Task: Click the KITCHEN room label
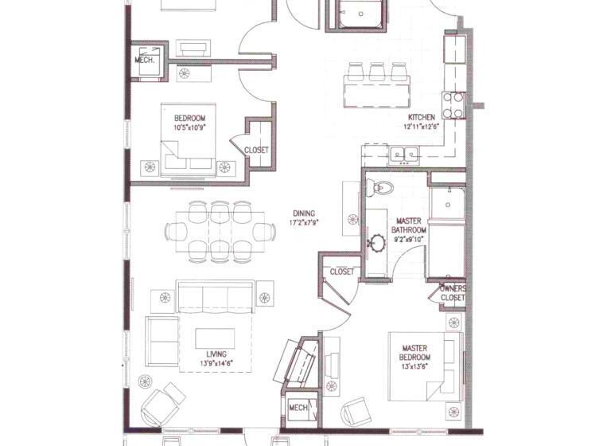422,117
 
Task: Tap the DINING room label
304,213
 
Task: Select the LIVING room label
216,354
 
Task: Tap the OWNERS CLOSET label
453,292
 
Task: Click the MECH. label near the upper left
145,60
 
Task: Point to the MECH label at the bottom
298,408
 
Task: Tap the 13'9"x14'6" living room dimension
216,363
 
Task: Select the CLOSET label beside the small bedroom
256,150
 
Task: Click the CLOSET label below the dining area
342,272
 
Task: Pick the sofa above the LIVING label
216,296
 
